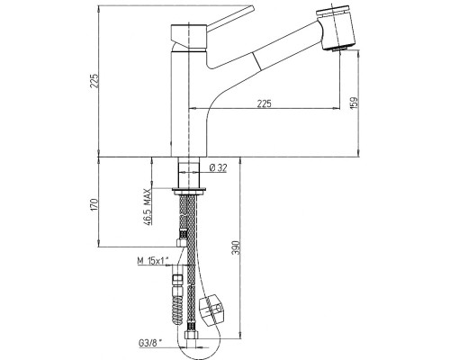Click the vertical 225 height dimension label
point(94,80)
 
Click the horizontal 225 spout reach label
point(265,103)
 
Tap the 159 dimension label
point(354,103)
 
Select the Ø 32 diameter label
point(218,168)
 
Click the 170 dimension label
point(94,204)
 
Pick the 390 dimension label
point(237,247)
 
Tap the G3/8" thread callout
point(150,343)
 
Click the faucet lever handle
point(230,18)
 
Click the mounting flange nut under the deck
point(189,191)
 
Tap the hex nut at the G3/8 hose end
point(190,335)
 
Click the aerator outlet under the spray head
point(339,49)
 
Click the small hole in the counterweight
point(218,309)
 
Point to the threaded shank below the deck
point(189,173)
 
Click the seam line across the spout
point(256,62)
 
